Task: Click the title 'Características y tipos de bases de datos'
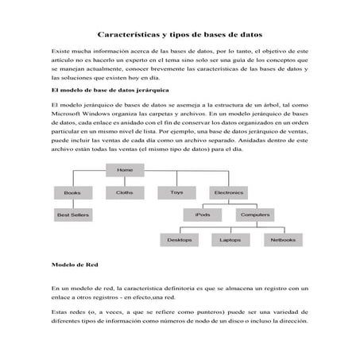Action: click(x=180, y=35)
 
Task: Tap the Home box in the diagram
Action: click(x=125, y=170)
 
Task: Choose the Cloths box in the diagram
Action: click(x=125, y=192)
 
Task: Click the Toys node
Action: click(x=176, y=192)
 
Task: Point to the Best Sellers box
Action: click(x=73, y=215)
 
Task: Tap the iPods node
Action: click(x=203, y=215)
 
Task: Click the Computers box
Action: click(x=255, y=215)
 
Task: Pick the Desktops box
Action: click(x=180, y=239)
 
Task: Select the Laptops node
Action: click(x=230, y=239)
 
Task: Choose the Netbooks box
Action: click(x=283, y=239)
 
